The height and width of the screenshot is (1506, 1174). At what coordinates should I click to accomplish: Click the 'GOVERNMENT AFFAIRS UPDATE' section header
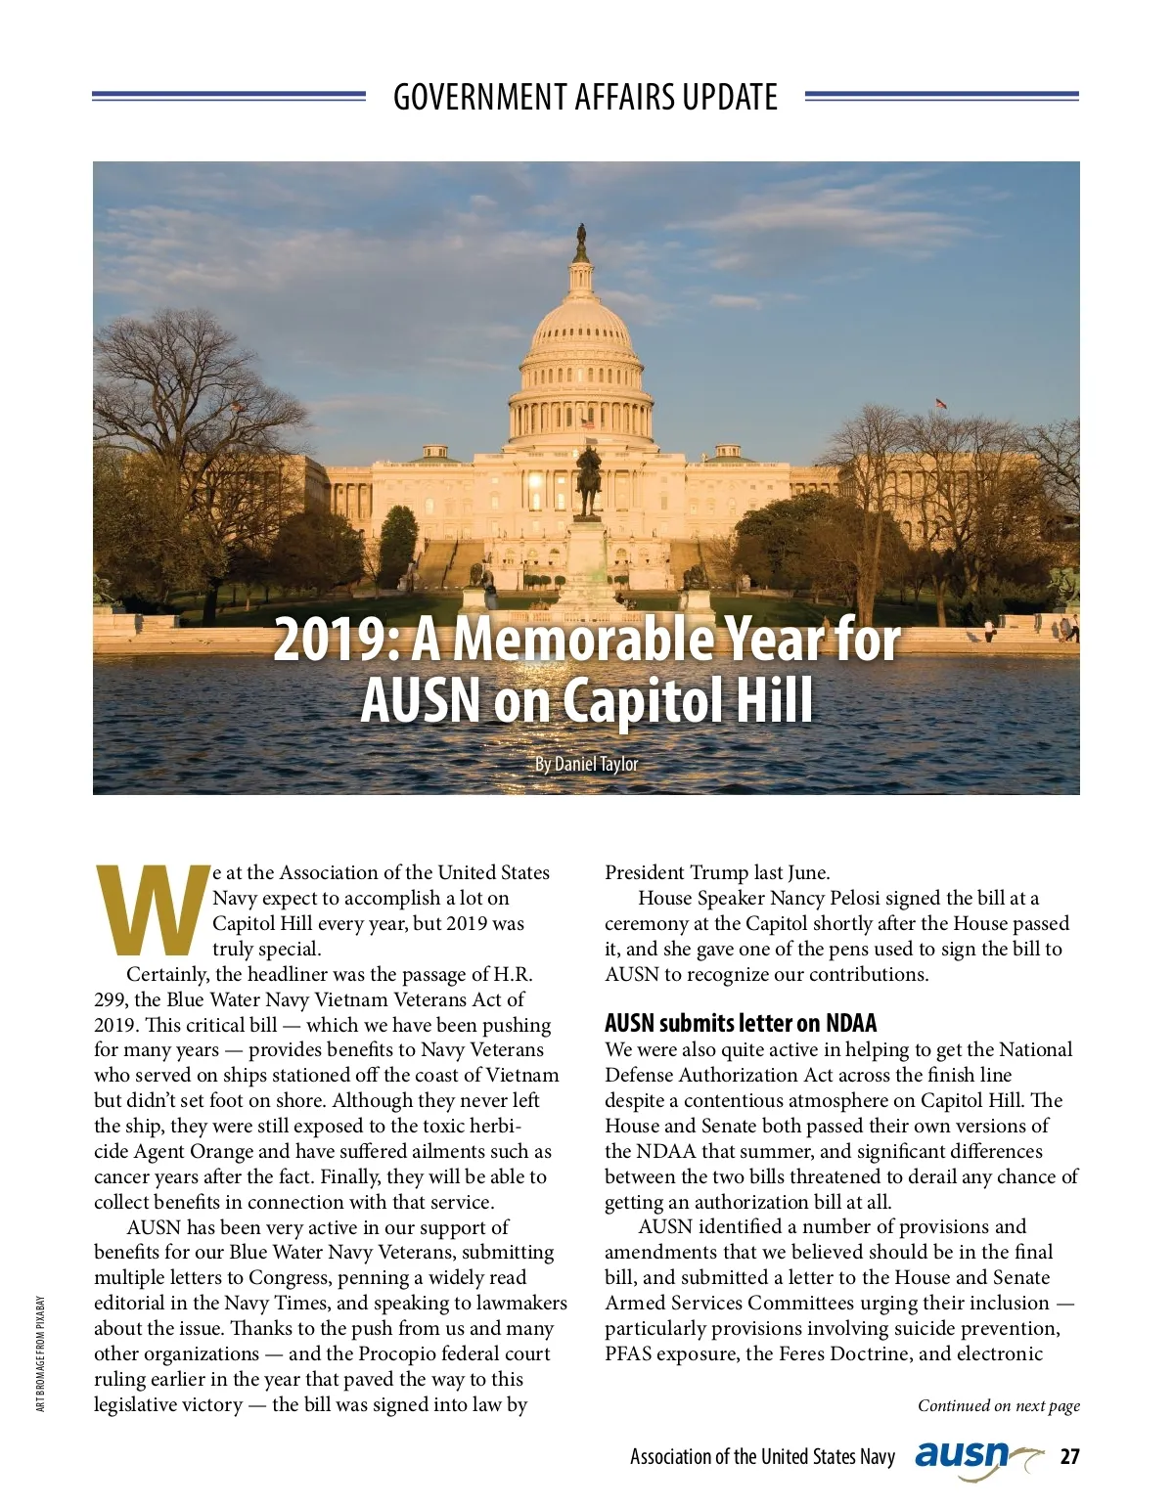[585, 97]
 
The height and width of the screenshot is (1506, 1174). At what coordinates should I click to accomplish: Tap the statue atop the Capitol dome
[581, 236]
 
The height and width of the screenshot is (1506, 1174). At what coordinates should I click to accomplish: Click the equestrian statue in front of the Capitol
[587, 481]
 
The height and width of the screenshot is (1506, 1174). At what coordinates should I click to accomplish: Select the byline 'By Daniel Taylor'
[586, 764]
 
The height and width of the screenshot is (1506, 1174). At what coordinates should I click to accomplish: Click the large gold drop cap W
[154, 910]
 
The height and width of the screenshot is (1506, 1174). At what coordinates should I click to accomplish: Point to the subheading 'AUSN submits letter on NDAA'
[741, 1023]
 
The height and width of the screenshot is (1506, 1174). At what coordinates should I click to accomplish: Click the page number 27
[1070, 1456]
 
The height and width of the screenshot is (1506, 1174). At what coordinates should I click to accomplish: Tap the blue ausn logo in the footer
[963, 1456]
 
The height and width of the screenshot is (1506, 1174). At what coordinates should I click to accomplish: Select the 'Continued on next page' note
[998, 1405]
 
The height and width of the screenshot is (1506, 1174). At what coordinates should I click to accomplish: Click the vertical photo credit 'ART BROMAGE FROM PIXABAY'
[41, 1353]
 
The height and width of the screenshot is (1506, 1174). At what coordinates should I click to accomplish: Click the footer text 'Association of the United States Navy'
[762, 1456]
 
